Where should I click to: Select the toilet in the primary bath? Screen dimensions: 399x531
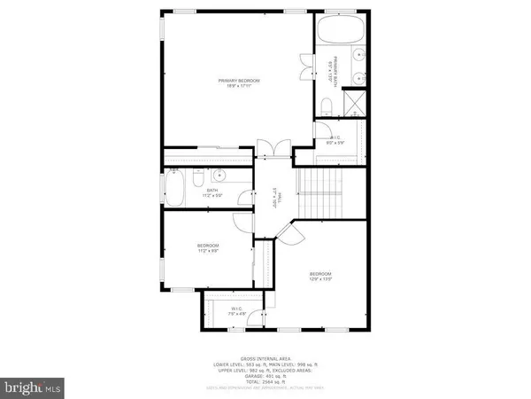pos(327,107)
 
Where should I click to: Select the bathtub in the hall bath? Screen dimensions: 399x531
pos(175,189)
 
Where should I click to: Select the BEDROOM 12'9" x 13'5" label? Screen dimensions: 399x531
pos(320,276)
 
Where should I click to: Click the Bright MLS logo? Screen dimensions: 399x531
pos(32,387)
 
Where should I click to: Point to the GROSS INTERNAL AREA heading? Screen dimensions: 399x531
pos(265,357)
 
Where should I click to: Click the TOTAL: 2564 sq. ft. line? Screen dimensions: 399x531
pos(265,383)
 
